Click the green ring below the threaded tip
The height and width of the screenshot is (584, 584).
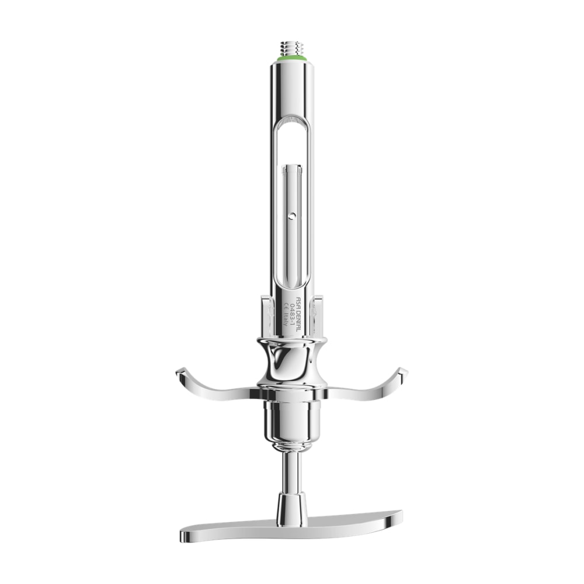pyautogui.click(x=291, y=59)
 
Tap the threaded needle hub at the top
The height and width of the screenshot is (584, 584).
pyautogui.click(x=291, y=48)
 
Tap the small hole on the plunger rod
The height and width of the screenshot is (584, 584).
pyautogui.click(x=293, y=215)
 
